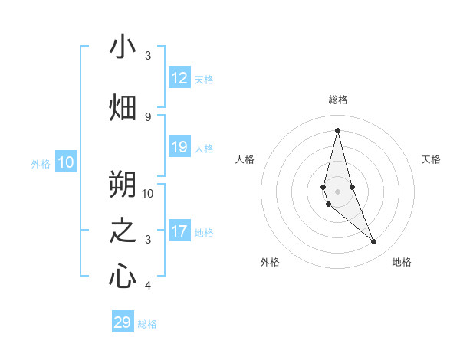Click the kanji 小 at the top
point(123,47)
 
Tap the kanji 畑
point(123,107)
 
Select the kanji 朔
point(123,184)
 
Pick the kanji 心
point(123,276)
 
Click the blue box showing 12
point(179,78)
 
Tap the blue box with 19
point(179,147)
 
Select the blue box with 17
point(179,231)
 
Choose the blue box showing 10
point(66,162)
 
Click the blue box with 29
point(122,322)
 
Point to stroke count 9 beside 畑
point(148,116)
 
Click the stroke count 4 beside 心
point(148,286)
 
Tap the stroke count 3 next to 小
point(148,56)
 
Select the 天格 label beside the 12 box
point(203,79)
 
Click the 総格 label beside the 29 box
point(147,324)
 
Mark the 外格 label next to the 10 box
point(41,163)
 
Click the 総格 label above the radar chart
point(337,100)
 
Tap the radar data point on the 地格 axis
point(373,242)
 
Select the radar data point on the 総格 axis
point(337,130)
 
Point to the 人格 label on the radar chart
point(245,159)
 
